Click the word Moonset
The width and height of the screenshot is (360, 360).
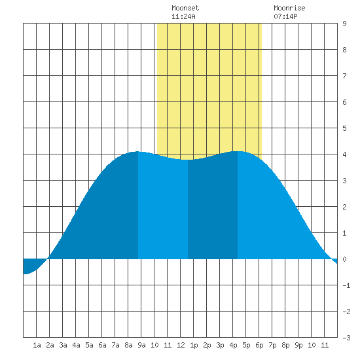(x=185, y=8)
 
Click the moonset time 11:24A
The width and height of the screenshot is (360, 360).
(x=183, y=16)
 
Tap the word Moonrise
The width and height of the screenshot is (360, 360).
(x=289, y=8)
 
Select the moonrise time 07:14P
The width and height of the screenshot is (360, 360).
(x=285, y=16)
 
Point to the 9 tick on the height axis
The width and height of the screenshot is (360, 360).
(x=344, y=24)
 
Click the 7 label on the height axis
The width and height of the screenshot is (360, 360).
(x=344, y=76)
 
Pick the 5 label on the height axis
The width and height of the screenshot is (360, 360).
(x=344, y=128)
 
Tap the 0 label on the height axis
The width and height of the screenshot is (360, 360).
(x=344, y=259)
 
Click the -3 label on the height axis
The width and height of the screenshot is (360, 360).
(x=346, y=338)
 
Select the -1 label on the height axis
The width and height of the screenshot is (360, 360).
(x=346, y=285)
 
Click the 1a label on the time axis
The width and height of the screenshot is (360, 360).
(x=37, y=345)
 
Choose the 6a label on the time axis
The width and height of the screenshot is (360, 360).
(x=102, y=345)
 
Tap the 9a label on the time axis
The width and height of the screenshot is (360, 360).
(x=141, y=345)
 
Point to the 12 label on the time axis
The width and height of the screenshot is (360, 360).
(x=181, y=345)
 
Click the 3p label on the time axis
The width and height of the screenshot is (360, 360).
(x=220, y=345)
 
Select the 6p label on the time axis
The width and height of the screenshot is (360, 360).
(x=259, y=345)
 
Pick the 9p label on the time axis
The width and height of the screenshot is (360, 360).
(x=298, y=345)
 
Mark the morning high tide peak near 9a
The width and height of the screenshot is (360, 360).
(x=137, y=152)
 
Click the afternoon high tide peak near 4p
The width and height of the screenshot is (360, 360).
(x=238, y=151)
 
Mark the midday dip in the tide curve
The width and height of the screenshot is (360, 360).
(x=188, y=160)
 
